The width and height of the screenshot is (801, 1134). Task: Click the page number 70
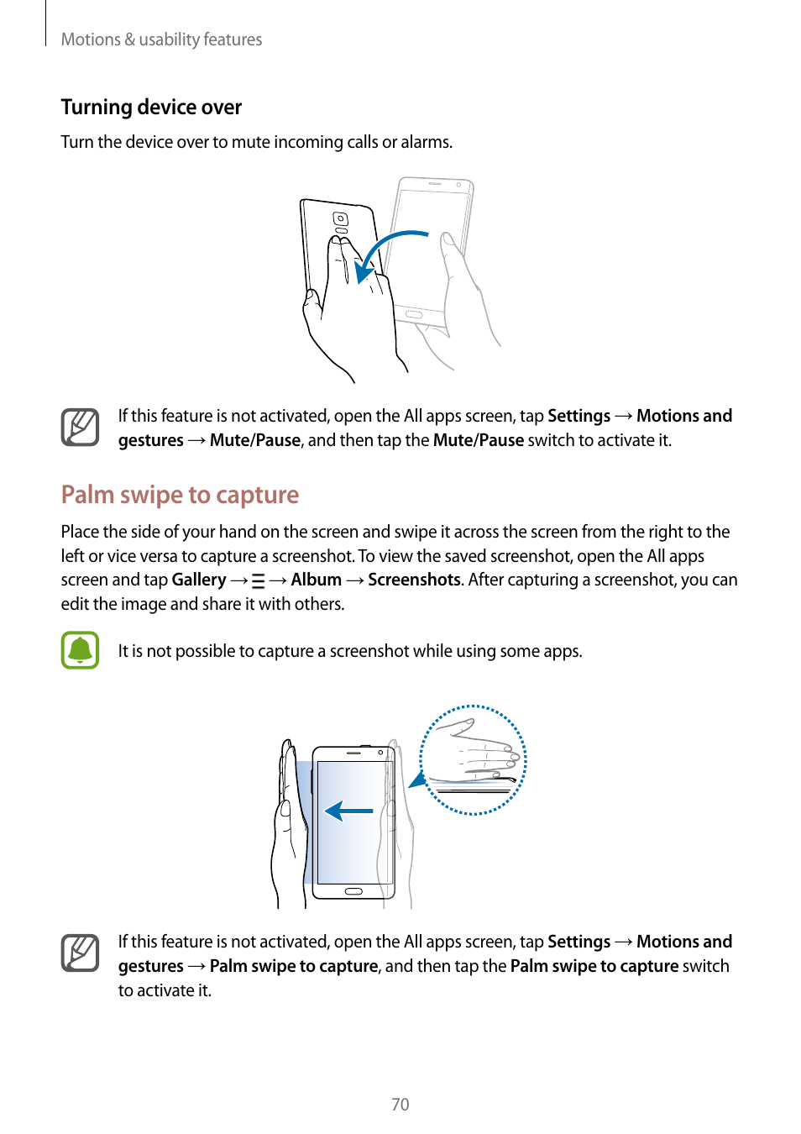(x=400, y=1104)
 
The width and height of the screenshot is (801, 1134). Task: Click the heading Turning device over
(x=151, y=107)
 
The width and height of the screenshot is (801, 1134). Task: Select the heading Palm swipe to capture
(x=180, y=494)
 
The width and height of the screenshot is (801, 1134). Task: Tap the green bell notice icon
(x=80, y=650)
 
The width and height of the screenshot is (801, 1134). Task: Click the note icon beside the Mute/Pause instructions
(x=80, y=427)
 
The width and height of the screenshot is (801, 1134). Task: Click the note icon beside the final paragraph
(x=80, y=953)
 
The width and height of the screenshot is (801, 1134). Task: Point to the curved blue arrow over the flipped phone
(x=385, y=249)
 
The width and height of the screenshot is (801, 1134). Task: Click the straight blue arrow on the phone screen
(x=348, y=810)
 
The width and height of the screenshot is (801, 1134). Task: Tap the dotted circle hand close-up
(x=473, y=759)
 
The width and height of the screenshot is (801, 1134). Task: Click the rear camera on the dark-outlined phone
(x=340, y=219)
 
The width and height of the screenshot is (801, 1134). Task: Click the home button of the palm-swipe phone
(x=353, y=890)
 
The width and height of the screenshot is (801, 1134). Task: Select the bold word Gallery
(x=198, y=580)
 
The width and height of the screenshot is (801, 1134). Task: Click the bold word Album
(x=316, y=580)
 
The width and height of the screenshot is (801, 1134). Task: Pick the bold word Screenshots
(x=414, y=580)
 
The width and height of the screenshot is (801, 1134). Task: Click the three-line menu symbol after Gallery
(x=258, y=580)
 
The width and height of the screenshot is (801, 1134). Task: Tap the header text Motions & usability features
(x=161, y=39)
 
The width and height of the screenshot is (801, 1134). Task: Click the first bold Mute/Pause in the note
(x=254, y=440)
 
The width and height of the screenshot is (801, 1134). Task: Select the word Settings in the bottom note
(x=578, y=942)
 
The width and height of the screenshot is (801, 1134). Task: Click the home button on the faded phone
(x=414, y=313)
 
